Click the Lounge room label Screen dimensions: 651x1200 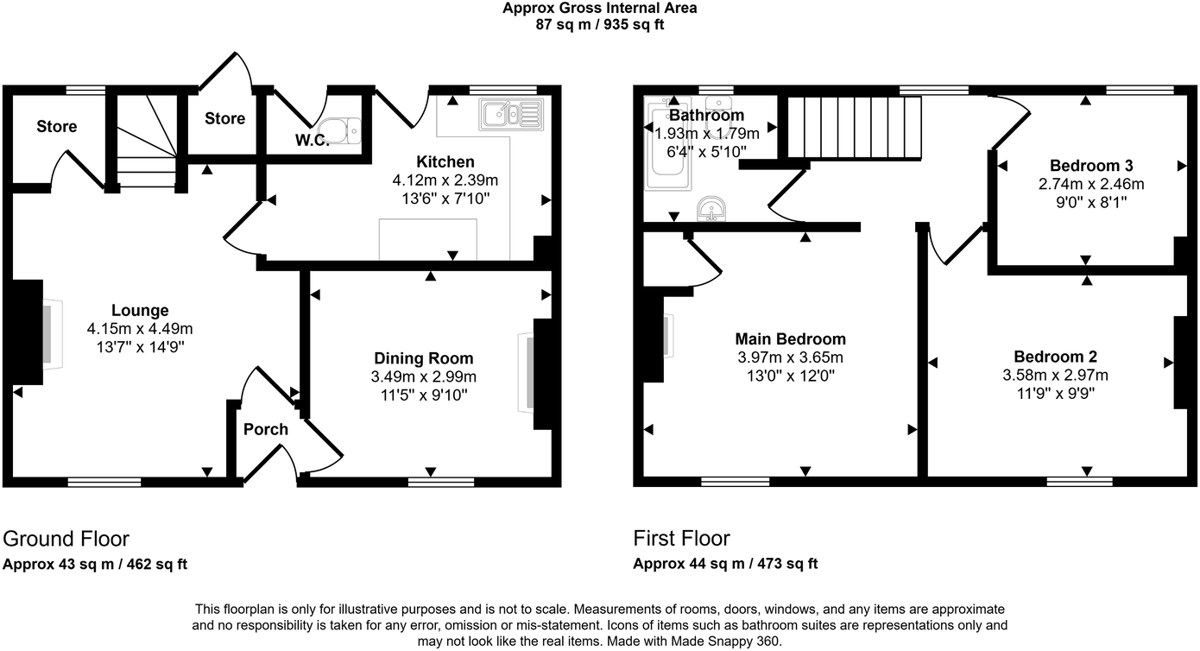[140, 311]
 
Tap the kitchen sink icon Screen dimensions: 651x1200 [511, 114]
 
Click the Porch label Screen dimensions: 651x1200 [265, 429]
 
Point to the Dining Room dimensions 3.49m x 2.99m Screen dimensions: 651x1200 [424, 376]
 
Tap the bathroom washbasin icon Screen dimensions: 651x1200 [713, 207]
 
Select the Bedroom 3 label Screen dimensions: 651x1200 [1091, 166]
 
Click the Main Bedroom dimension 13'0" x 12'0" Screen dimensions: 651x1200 [790, 376]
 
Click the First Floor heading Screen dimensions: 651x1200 [681, 539]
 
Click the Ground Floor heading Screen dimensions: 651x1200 [66, 539]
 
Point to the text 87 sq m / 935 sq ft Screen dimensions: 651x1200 [600, 24]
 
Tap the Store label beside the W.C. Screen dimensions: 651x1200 [224, 118]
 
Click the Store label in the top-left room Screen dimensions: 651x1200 [56, 127]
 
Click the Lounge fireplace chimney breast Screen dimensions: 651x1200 [28, 332]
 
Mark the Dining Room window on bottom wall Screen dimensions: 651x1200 [429, 482]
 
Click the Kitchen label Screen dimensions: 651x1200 [445, 162]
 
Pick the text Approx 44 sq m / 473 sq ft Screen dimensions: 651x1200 [725, 565]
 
